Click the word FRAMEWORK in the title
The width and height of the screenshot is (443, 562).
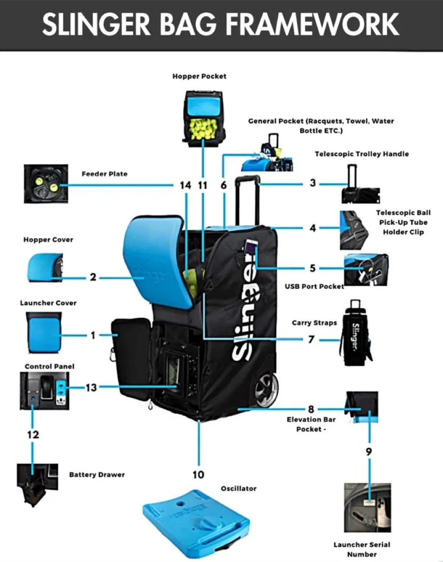pyautogui.click(x=313, y=24)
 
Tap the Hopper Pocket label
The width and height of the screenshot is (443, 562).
pyautogui.click(x=199, y=76)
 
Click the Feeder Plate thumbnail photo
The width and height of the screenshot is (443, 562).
pyautogui.click(x=46, y=183)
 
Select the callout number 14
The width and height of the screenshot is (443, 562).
pyautogui.click(x=185, y=185)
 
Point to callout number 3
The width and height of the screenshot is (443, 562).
pyautogui.click(x=312, y=183)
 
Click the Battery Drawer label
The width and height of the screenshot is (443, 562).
pyautogui.click(x=97, y=475)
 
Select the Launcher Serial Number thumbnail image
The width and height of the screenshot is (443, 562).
pyautogui.click(x=367, y=507)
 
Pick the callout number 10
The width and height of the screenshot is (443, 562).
pyautogui.click(x=198, y=474)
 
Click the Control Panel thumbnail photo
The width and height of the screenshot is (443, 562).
pyautogui.click(x=44, y=390)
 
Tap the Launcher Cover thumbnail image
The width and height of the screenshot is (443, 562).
pyautogui.click(x=44, y=333)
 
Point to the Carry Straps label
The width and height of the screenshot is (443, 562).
pyautogui.click(x=314, y=323)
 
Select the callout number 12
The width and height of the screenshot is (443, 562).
pyautogui.click(x=33, y=434)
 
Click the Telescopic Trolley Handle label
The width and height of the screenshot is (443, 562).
pyautogui.click(x=361, y=154)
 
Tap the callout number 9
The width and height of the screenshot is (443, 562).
pyautogui.click(x=368, y=452)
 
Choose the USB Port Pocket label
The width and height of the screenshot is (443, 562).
pyautogui.click(x=314, y=286)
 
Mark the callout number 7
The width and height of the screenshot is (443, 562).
pyautogui.click(x=311, y=339)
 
